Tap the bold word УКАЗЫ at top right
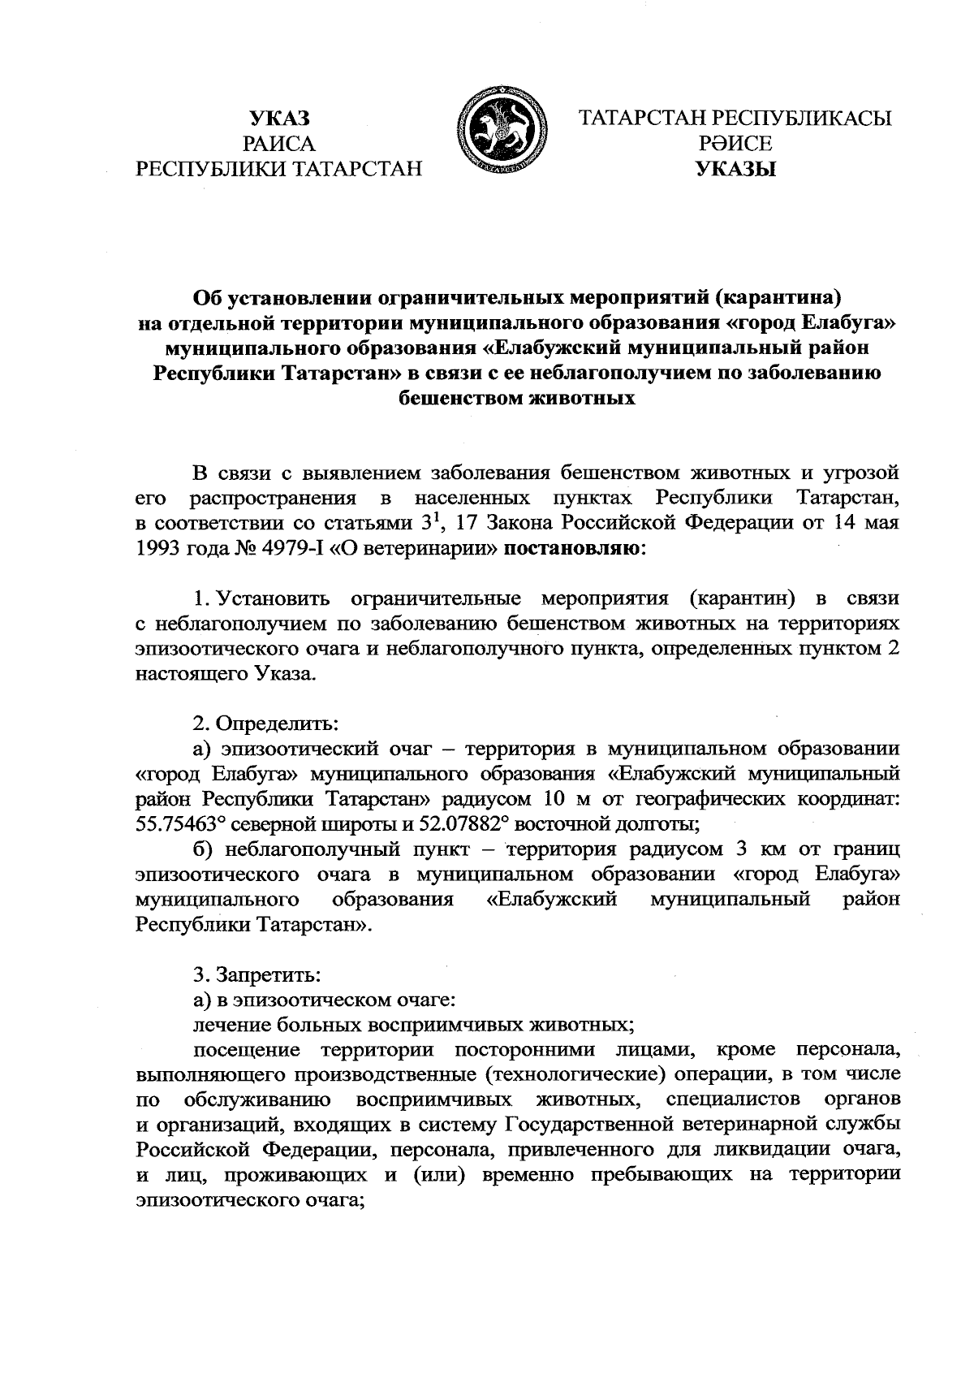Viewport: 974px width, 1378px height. [735, 170]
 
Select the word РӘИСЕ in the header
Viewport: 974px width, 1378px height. [735, 144]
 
